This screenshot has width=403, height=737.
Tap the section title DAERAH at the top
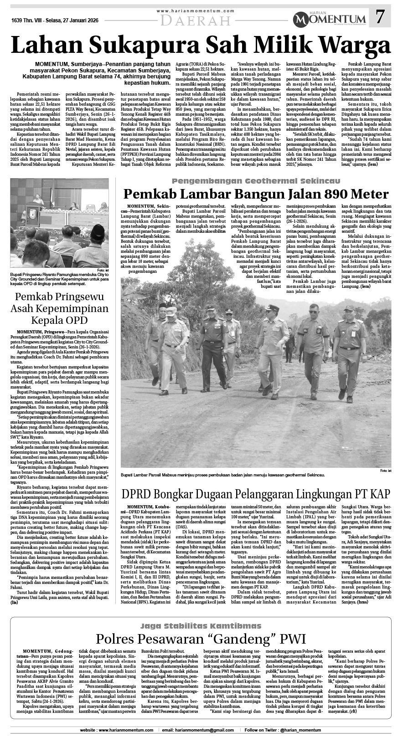[x=196, y=20]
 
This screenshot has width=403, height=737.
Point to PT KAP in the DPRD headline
[x=368, y=494]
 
